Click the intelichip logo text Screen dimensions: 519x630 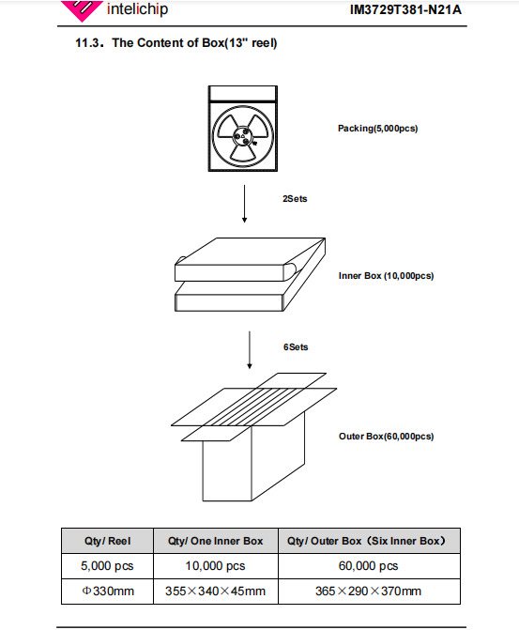[137, 8]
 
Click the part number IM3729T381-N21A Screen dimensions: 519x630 [405, 9]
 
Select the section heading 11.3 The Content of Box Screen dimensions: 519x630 [176, 43]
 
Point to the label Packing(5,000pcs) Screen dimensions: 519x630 [377, 129]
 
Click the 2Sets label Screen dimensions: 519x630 [295, 199]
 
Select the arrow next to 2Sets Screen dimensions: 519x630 [244, 204]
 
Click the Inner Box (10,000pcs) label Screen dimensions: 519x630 [386, 276]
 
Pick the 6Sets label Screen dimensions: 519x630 [296, 347]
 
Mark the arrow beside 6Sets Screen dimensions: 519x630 [250, 350]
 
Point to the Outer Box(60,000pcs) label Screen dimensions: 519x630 [386, 437]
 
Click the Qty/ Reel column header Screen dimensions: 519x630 [108, 541]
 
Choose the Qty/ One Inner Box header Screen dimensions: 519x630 [215, 541]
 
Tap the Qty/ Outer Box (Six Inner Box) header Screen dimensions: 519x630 [366, 541]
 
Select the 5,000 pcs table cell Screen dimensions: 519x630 [107, 566]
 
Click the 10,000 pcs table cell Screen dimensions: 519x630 [215, 566]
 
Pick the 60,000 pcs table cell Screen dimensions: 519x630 [368, 566]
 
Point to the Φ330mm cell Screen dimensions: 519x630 [108, 591]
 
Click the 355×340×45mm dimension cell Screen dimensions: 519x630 [215, 591]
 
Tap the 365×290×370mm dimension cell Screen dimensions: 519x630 [368, 591]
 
